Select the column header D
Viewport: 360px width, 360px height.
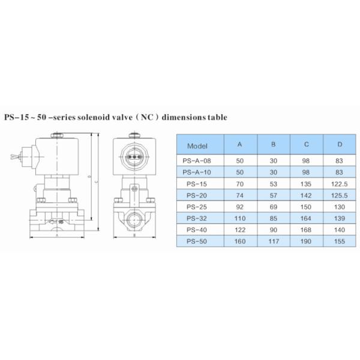[339, 145]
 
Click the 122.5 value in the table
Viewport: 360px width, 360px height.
[339, 184]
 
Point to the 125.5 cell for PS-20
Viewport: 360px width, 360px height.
[339, 195]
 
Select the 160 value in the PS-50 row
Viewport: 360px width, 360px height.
[240, 241]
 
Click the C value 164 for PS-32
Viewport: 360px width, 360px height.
[307, 218]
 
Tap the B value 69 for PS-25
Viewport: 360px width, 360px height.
[273, 206]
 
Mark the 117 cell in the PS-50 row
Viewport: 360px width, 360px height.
[273, 241]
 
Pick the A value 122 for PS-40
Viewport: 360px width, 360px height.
[240, 229]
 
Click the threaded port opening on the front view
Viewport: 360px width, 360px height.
[135, 215]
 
